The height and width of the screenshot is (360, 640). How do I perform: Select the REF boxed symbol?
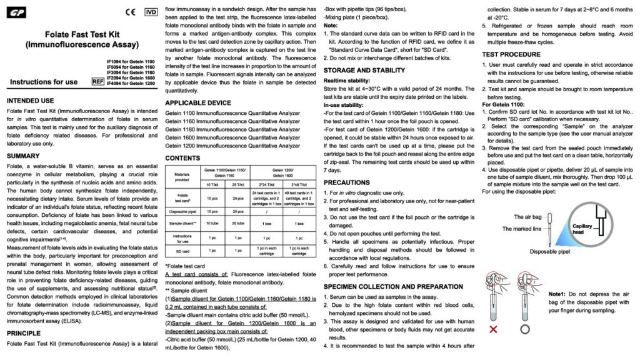(97, 81)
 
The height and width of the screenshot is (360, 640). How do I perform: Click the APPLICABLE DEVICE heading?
(197, 102)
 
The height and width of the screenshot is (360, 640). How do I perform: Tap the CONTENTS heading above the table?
(182, 158)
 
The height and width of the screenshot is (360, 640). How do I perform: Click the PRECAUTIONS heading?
(347, 182)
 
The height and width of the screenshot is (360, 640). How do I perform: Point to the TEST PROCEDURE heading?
(511, 54)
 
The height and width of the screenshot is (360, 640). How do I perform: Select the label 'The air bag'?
(527, 216)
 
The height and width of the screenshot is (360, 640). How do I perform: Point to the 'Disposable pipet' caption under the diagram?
(549, 252)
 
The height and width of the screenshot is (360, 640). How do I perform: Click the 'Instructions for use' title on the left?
(44, 82)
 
